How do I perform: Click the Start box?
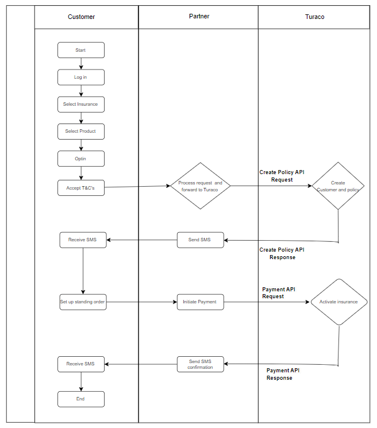81,50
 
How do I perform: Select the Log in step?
81,77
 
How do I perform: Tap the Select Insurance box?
81,104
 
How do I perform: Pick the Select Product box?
81,132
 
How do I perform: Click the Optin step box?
81,159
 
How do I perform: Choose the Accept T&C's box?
81,188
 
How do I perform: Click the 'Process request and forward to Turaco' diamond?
201,186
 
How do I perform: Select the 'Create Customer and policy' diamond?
338,186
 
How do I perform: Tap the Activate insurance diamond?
338,302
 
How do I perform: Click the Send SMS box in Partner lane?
201,240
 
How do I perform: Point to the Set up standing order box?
83,302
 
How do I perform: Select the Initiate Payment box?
201,302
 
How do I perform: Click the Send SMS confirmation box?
201,364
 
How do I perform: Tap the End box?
81,399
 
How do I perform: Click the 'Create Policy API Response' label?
282,253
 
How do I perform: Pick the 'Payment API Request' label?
279,293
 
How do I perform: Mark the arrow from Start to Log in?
81,64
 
